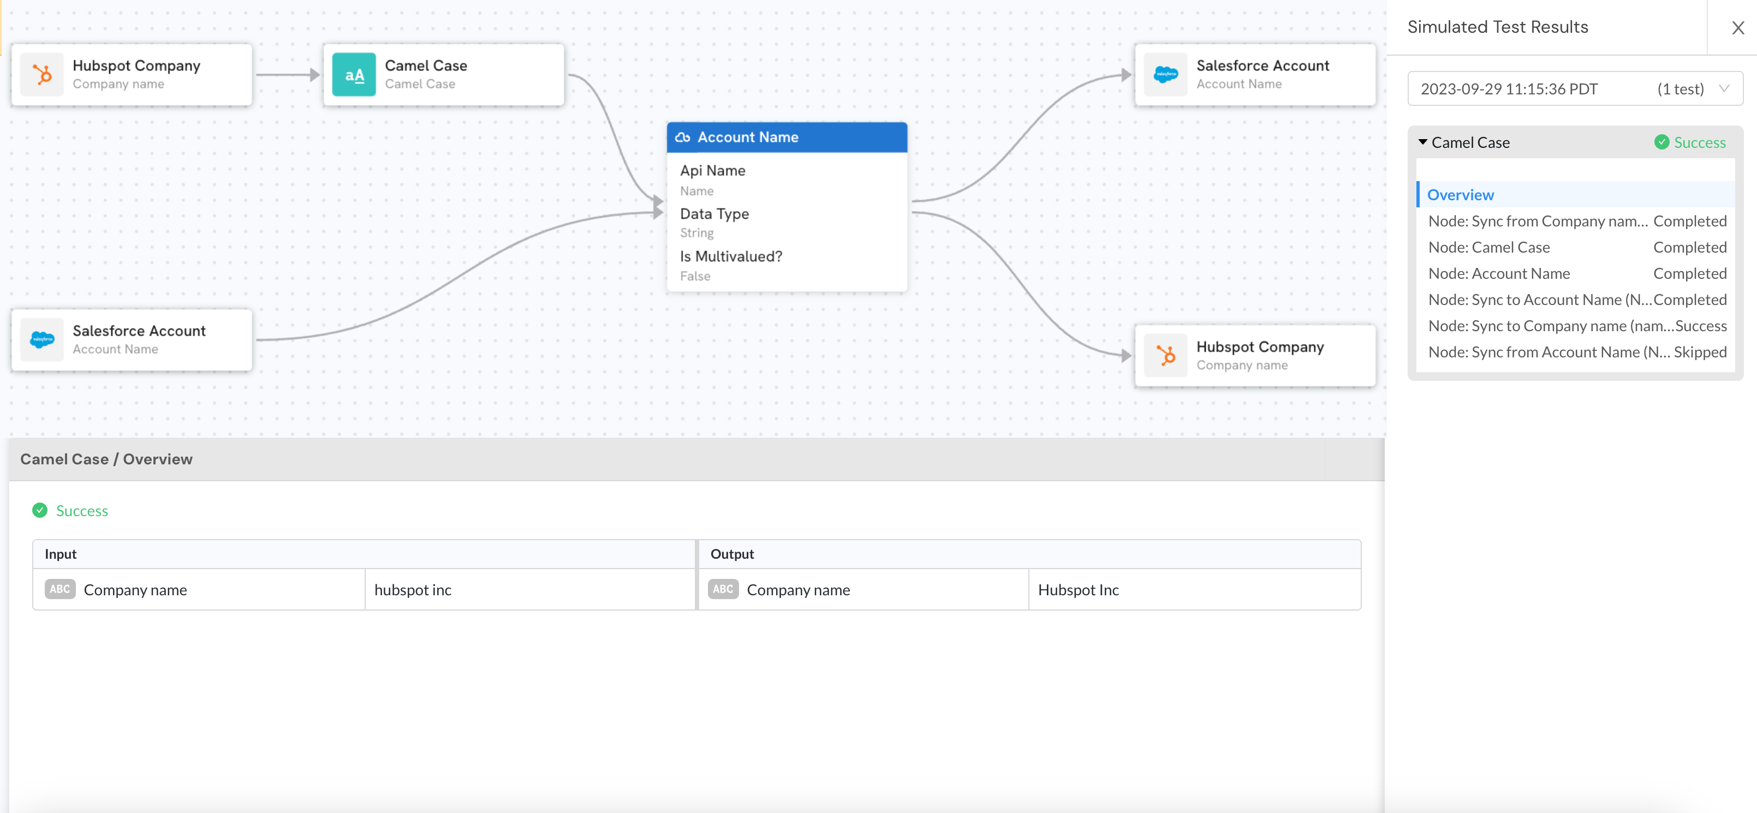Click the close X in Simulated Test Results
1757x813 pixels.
point(1738,27)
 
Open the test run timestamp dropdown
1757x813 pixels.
point(1575,88)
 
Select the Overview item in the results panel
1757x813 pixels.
point(1460,195)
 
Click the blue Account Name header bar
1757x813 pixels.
point(787,137)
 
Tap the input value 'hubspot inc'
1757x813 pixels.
point(413,590)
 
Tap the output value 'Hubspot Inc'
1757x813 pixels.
point(1077,590)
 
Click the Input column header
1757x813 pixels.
point(61,554)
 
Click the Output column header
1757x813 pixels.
point(732,554)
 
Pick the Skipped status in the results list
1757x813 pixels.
point(1700,352)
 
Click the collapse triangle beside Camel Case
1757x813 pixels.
point(1423,142)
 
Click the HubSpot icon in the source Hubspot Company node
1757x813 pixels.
point(42,74)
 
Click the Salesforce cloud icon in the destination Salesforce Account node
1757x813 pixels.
point(1166,74)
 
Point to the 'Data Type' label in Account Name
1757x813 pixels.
point(714,214)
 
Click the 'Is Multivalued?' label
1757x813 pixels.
point(730,256)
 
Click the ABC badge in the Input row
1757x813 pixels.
point(60,589)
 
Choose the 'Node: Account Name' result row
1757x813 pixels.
point(1577,273)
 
